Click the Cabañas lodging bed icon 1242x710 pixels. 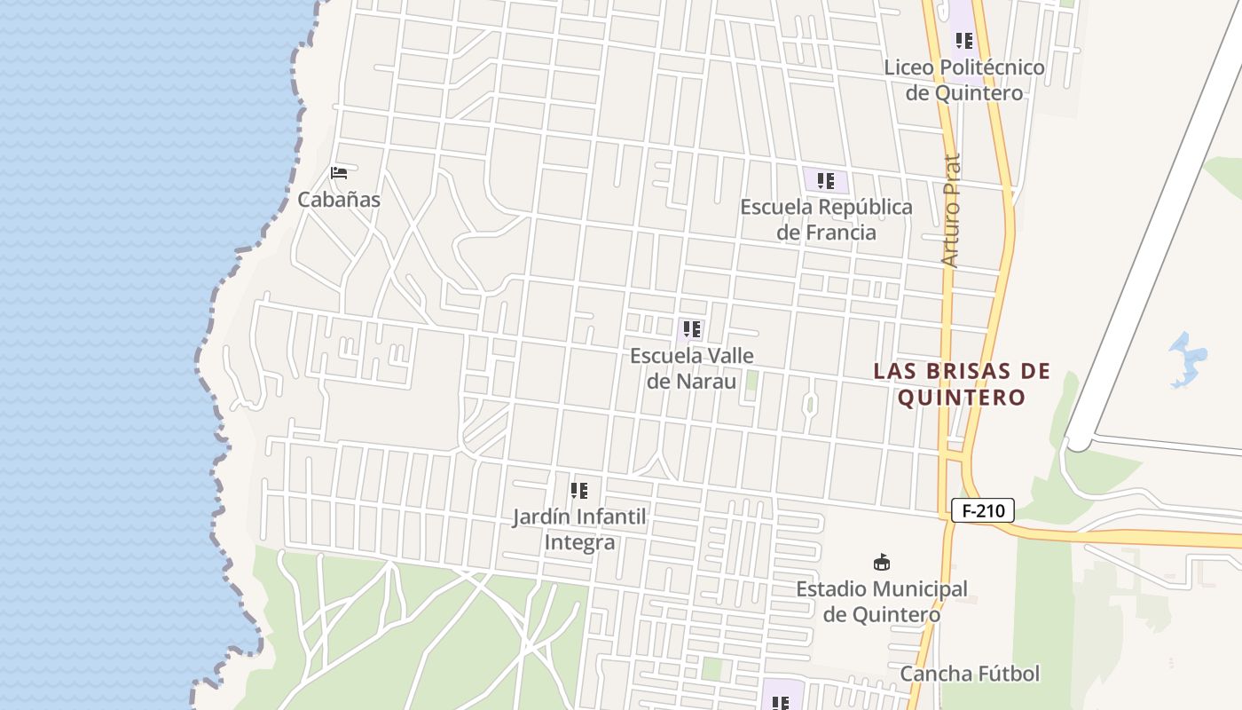click(x=338, y=172)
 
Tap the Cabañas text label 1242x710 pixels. click(x=339, y=200)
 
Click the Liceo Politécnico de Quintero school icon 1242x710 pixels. click(x=963, y=41)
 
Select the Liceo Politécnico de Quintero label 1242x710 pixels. click(x=964, y=80)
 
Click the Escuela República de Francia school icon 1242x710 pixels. click(x=826, y=181)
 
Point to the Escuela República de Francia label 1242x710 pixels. click(x=826, y=219)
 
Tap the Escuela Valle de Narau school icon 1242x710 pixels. click(x=692, y=330)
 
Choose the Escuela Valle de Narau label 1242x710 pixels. click(x=692, y=368)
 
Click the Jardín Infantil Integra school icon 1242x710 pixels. click(x=579, y=491)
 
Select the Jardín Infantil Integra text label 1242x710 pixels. click(x=579, y=529)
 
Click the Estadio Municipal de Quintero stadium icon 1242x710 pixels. click(x=882, y=563)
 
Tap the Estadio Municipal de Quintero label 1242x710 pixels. click(x=882, y=601)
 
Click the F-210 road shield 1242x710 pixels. click(x=982, y=510)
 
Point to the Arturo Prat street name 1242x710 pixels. click(x=951, y=211)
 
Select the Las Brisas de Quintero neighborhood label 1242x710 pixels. click(x=962, y=383)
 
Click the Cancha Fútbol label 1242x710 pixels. click(x=970, y=674)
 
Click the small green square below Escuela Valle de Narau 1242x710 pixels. click(x=751, y=381)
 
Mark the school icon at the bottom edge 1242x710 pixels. click(x=780, y=702)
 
